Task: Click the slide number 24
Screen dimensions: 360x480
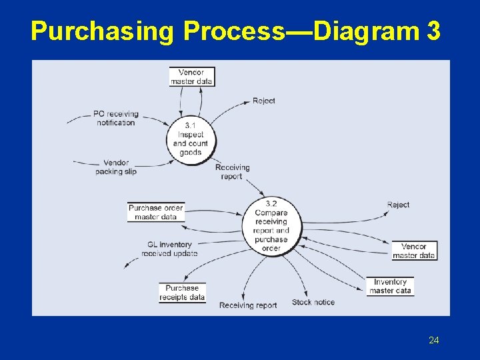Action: click(x=434, y=341)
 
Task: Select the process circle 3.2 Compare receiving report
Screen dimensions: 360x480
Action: click(x=271, y=226)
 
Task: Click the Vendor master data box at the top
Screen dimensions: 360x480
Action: click(x=191, y=77)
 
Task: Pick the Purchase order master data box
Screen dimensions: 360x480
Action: click(x=155, y=212)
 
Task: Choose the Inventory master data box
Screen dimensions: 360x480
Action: click(x=390, y=286)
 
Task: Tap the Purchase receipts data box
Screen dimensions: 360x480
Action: click(x=182, y=293)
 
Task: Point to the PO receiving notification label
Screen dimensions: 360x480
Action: click(x=115, y=118)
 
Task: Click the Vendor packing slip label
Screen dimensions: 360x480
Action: click(x=115, y=167)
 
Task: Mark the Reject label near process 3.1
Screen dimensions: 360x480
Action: click(x=263, y=101)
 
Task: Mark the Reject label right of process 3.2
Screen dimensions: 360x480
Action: click(x=398, y=205)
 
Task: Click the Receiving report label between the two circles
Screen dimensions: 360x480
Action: click(x=232, y=172)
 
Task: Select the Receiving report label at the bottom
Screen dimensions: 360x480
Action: click(x=248, y=305)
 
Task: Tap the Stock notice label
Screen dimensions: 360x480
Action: click(x=313, y=302)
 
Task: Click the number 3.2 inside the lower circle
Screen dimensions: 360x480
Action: click(x=271, y=203)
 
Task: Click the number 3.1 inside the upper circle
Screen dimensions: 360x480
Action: click(x=190, y=125)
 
